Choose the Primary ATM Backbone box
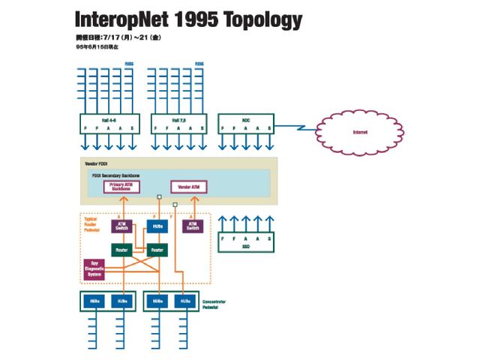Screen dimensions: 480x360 [x=121, y=187]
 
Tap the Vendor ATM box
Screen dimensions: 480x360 [x=189, y=187]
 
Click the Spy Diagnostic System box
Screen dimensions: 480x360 [x=95, y=269]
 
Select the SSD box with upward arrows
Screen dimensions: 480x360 [x=245, y=241]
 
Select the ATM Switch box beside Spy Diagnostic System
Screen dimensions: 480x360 [x=122, y=225]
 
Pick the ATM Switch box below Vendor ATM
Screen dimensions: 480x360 [x=193, y=225]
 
